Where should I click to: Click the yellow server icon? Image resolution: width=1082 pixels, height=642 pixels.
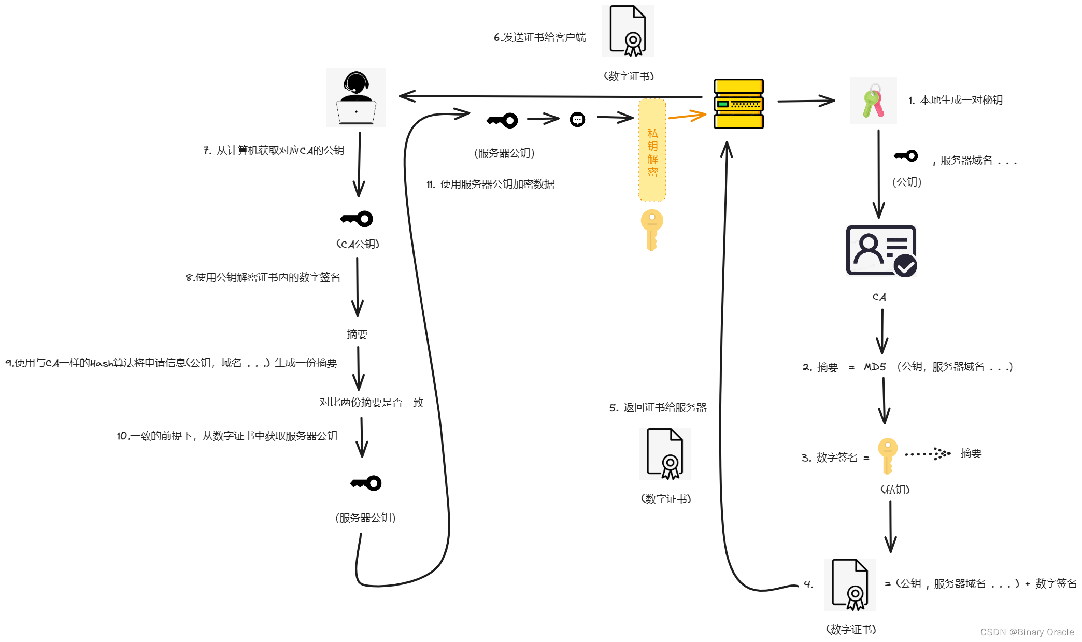738,104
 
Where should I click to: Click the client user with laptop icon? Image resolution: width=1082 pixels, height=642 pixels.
356,97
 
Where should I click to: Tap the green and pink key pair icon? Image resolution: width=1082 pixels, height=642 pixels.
873,101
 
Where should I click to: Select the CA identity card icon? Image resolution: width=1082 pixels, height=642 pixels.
881,251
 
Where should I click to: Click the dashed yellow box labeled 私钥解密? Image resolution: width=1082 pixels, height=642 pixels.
652,150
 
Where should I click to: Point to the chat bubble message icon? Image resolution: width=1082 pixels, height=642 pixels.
577,120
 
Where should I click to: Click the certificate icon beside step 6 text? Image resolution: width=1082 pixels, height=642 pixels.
628,31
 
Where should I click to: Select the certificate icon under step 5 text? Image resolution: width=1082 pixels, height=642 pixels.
665,454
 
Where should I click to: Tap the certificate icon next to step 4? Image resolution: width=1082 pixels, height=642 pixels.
850,585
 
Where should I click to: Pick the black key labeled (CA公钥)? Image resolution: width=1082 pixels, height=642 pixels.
357,219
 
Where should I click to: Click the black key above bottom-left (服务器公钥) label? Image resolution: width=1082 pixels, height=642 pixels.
366,483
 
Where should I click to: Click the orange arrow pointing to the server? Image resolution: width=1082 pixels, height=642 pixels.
687,116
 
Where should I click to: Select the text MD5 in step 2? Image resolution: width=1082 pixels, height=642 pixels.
875,367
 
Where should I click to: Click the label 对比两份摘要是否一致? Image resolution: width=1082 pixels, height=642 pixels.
371,402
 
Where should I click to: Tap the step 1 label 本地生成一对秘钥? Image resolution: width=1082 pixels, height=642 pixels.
961,100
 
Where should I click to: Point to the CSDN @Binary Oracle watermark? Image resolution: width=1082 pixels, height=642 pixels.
1027,632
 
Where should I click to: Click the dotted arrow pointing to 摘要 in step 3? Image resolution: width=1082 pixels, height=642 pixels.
928,454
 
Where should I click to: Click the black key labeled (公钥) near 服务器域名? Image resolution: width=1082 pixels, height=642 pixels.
906,155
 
